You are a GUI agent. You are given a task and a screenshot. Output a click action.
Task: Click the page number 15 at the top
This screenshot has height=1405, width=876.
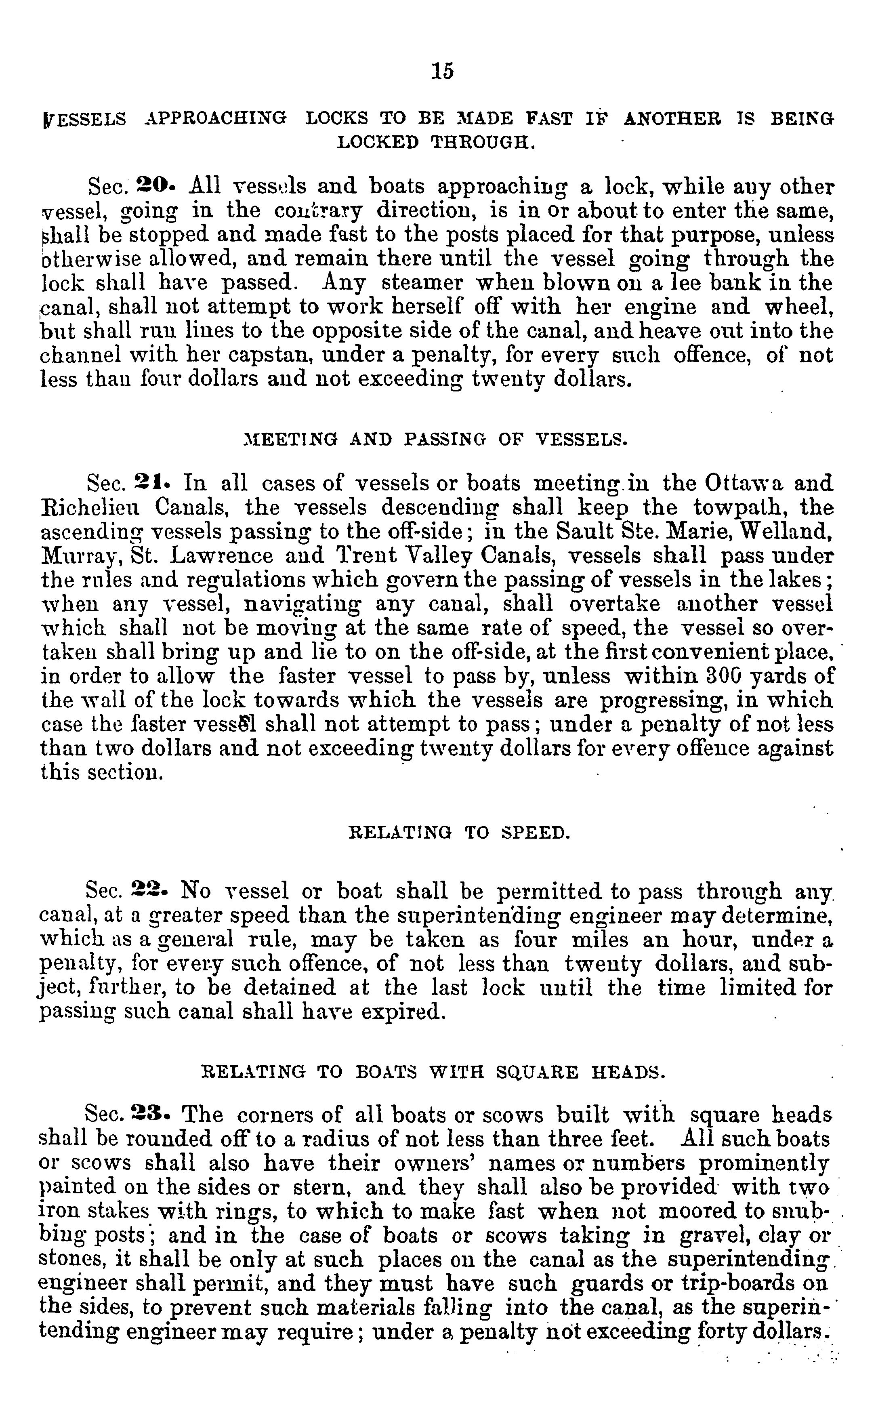pyautogui.click(x=443, y=71)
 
